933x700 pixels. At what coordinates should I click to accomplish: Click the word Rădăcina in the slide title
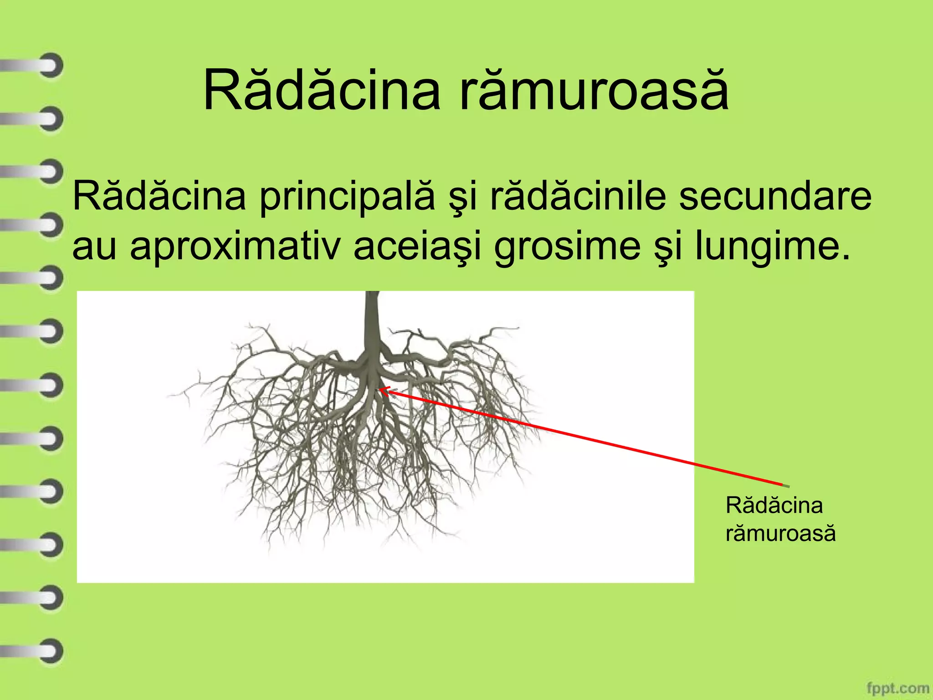click(321, 90)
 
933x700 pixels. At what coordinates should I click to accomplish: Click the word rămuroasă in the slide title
click(594, 90)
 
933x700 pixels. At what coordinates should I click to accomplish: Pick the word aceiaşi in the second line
click(417, 247)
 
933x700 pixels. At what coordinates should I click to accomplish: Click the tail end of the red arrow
click(784, 485)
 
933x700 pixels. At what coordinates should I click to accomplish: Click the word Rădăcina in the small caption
click(774, 505)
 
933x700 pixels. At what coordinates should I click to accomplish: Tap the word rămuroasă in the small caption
click(780, 533)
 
